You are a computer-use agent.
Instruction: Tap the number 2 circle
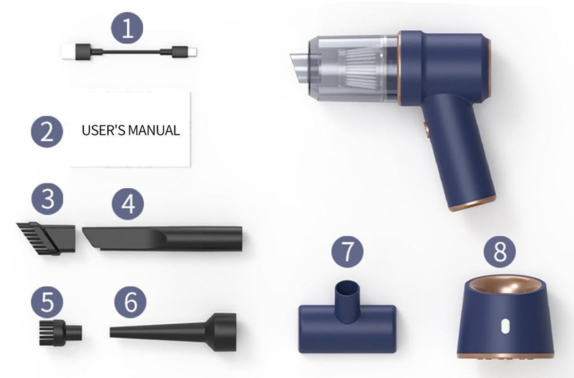point(47,131)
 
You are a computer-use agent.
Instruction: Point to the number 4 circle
point(127,205)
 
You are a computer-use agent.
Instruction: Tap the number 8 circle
point(500,252)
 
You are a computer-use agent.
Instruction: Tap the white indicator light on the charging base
point(505,327)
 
